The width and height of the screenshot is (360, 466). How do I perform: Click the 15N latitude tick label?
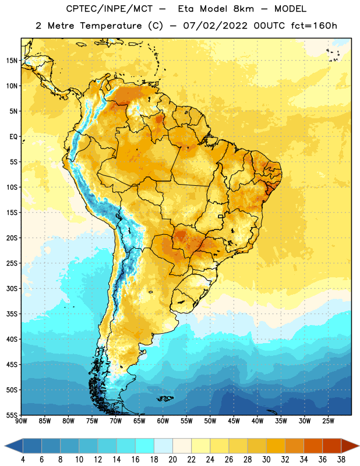point(12,61)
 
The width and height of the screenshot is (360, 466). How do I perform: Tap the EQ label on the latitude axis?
point(13,137)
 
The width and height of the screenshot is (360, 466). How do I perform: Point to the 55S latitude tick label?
point(12,415)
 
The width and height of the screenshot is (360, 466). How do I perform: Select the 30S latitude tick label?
point(12,288)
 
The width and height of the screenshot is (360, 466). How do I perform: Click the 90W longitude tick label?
point(21,421)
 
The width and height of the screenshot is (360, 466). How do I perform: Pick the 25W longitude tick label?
point(328,421)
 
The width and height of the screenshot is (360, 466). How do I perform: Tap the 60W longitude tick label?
point(163,421)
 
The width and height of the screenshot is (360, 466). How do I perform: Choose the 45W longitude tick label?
point(234,421)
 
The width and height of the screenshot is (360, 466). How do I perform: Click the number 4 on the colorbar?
point(23,460)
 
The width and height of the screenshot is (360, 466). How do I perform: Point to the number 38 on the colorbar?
point(341,460)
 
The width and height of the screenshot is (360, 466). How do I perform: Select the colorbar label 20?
point(172,460)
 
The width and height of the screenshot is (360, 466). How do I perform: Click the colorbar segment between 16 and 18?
point(145,446)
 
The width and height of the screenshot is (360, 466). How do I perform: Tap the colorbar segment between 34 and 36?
point(313,446)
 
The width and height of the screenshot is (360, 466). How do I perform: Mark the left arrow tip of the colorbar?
point(5,446)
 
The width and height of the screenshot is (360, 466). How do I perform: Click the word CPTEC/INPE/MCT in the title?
point(109,9)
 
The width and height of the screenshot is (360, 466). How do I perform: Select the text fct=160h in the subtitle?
point(314,26)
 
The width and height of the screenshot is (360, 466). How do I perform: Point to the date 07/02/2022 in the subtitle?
point(215,26)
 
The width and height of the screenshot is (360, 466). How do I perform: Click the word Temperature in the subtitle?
point(111,26)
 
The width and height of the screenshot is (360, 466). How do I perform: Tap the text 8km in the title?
point(243,9)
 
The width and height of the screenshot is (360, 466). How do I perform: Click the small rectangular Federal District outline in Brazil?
point(221,216)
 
